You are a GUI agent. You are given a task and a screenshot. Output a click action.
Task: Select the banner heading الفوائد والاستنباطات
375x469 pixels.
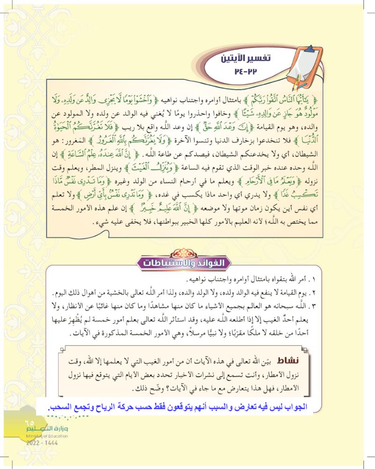[187, 263]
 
